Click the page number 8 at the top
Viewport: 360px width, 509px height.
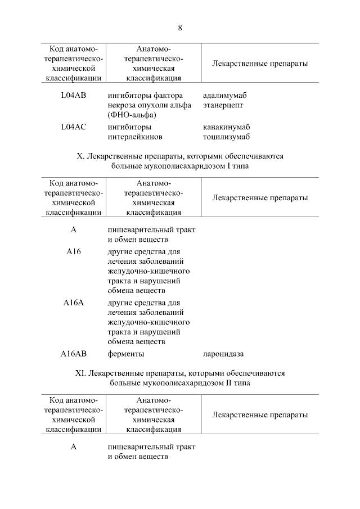coord(180,28)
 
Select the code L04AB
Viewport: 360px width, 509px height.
coord(73,95)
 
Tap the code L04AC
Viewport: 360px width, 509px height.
coord(73,127)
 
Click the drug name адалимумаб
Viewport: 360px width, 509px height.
coord(224,95)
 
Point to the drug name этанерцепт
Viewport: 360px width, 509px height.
coord(223,105)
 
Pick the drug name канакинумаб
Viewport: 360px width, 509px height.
coord(226,127)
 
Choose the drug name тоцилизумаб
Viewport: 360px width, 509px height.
coord(226,137)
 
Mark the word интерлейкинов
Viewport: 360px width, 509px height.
coord(134,137)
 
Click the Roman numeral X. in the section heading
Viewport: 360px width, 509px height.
coord(79,156)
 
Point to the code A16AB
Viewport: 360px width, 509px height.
coord(73,354)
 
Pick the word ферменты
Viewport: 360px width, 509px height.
coord(126,354)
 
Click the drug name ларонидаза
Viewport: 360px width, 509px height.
coord(223,354)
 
